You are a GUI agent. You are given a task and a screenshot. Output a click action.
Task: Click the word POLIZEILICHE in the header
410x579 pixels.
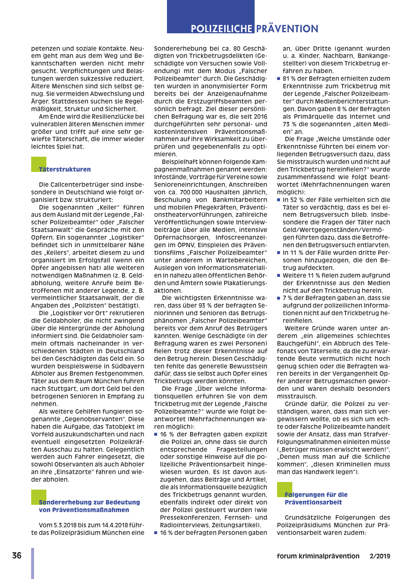[x=221, y=29]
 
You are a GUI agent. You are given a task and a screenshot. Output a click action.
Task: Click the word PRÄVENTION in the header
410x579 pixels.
[x=287, y=29]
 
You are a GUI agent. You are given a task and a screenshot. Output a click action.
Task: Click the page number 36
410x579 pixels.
[x=17, y=555]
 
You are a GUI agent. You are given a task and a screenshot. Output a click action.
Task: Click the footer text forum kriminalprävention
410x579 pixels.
[x=318, y=556]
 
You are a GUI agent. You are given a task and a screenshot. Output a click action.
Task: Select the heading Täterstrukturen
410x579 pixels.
[x=65, y=169]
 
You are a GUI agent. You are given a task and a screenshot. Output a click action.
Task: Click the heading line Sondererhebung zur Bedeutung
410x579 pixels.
[x=89, y=502]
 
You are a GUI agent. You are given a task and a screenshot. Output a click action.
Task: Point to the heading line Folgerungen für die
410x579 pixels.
[x=316, y=495]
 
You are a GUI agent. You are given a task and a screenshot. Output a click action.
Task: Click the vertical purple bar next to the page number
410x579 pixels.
[x=33, y=563]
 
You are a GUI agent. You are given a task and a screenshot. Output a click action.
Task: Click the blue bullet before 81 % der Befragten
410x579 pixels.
[x=279, y=79]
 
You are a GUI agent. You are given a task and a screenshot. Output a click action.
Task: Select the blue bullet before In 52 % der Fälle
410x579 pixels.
[x=279, y=200]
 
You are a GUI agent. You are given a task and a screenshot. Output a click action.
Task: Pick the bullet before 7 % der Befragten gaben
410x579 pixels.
[x=279, y=298]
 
